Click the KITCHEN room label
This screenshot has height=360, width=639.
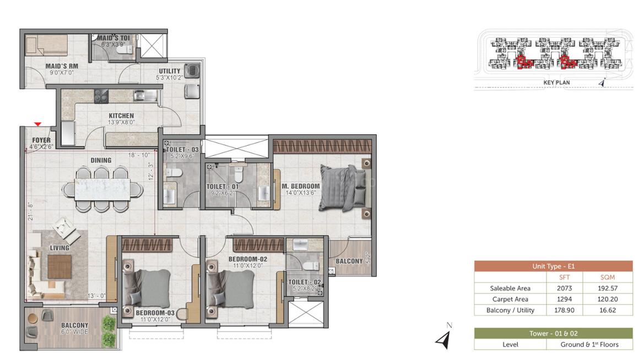[121, 116]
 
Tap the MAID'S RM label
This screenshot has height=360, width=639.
[62, 66]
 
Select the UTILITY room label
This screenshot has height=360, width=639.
[170, 71]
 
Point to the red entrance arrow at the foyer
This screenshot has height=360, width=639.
[38, 124]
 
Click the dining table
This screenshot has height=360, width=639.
[102, 189]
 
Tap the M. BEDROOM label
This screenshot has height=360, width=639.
[301, 186]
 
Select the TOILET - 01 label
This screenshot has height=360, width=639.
[223, 187]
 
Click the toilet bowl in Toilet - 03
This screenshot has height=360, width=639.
[173, 173]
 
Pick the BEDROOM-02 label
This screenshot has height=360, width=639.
[248, 259]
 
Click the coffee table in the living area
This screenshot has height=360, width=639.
[59, 267]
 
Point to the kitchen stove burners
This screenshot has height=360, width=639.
[101, 96]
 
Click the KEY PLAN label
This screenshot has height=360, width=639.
[557, 82]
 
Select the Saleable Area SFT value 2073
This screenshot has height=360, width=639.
[565, 288]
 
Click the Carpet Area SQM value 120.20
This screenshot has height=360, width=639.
[608, 299]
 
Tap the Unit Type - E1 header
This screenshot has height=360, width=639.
[554, 266]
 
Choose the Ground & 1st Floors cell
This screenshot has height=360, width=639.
[589, 345]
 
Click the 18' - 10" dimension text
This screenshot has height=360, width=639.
[139, 155]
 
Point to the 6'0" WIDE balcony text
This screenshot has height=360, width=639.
[74, 332]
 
